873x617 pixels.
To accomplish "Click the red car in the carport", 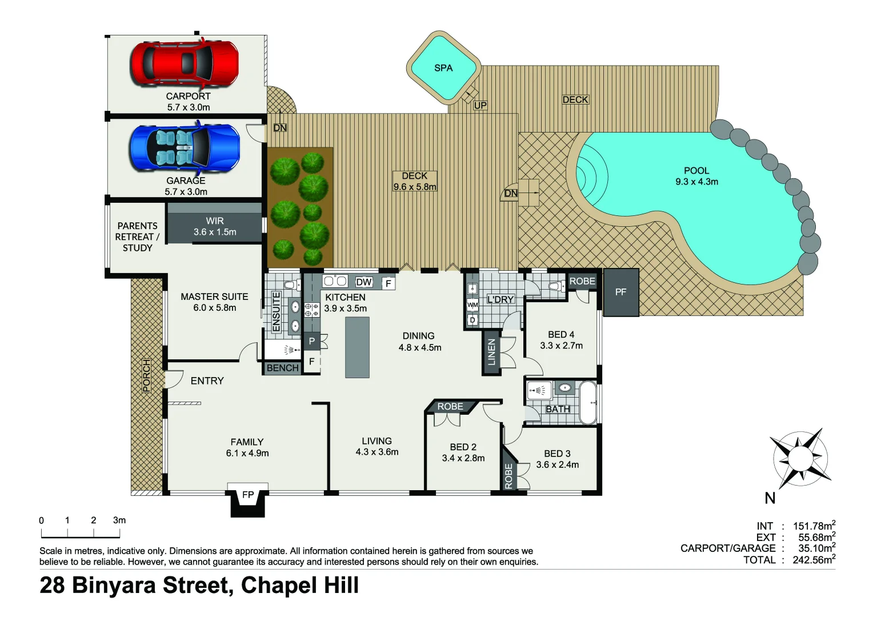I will point(184,62).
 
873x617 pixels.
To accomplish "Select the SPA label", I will point(443,68).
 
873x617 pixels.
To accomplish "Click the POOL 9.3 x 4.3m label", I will point(696,176).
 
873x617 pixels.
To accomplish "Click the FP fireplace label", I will point(248,495).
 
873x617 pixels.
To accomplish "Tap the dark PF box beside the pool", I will point(620,292).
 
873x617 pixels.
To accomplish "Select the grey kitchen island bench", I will point(357,347).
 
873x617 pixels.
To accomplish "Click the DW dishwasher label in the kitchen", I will point(363,282).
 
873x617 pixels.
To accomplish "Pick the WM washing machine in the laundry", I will point(472,305).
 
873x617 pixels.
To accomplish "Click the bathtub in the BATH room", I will point(588,403).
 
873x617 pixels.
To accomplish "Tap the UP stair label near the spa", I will point(480,105).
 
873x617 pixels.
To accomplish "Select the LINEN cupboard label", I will point(491,352).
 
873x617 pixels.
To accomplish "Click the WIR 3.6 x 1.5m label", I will point(215,226).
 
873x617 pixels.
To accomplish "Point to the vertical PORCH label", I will point(146,376).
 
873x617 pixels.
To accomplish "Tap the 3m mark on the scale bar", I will point(119,520).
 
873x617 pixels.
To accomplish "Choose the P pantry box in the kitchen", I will point(311,341).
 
